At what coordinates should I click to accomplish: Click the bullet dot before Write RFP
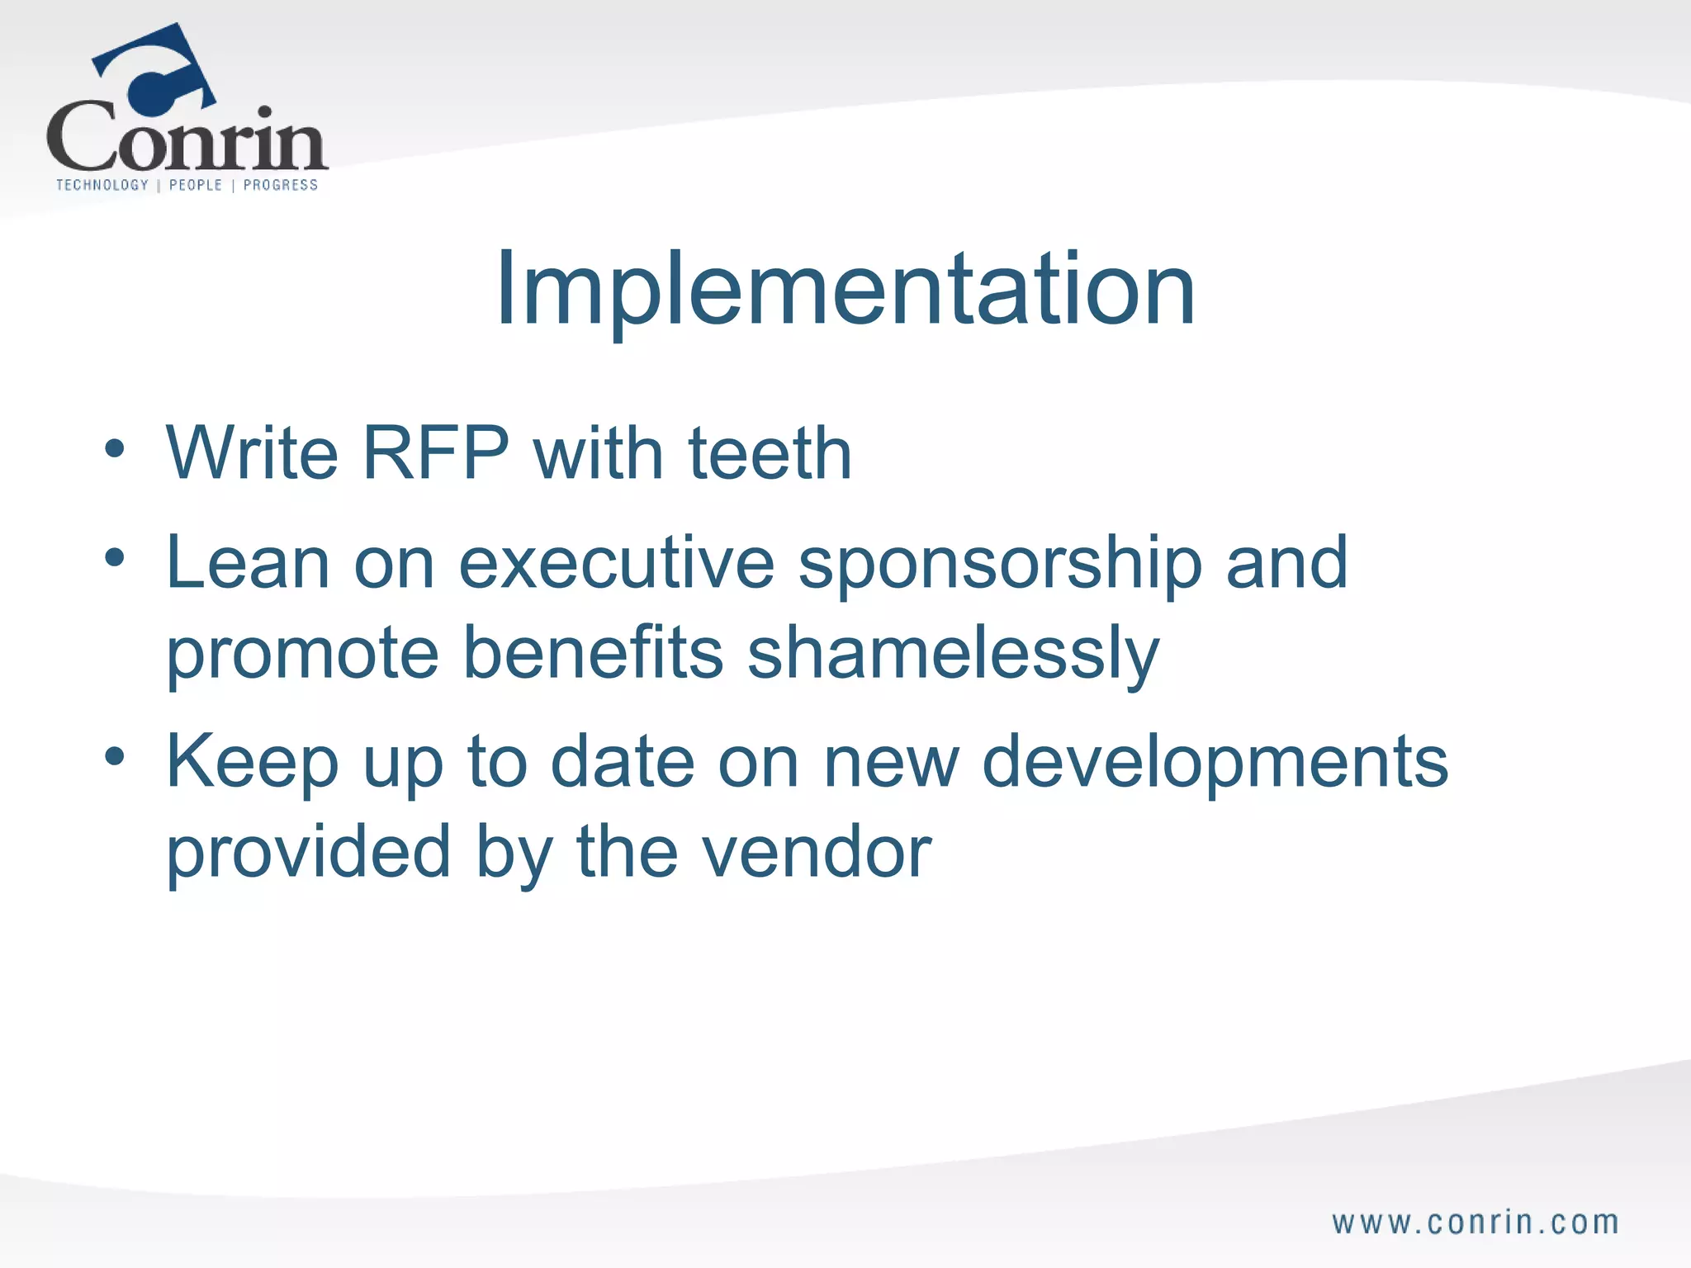click(x=115, y=450)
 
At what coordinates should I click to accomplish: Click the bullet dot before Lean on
click(x=115, y=558)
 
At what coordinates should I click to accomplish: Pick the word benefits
click(x=593, y=652)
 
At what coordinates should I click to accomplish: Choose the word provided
click(x=308, y=852)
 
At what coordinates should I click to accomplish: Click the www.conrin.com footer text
click(x=1475, y=1223)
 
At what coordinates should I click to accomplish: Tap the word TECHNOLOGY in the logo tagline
click(x=102, y=185)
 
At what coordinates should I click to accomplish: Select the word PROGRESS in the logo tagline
click(x=280, y=185)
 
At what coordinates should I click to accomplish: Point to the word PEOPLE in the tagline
click(x=196, y=185)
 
